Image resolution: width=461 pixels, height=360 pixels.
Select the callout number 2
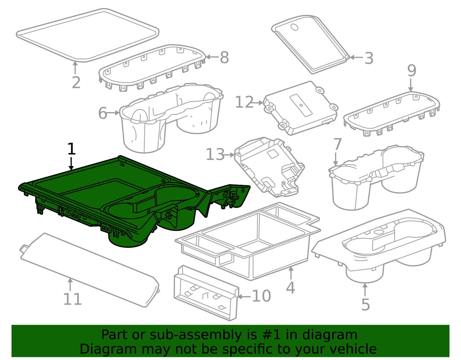(76, 82)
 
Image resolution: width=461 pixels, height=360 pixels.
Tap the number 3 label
(369, 58)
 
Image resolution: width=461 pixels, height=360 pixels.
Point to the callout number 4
(290, 288)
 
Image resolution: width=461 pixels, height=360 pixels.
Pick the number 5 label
(366, 305)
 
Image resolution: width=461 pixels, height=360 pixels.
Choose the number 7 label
(337, 144)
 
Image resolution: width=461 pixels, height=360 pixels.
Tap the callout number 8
(224, 57)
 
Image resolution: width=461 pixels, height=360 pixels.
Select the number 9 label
(412, 71)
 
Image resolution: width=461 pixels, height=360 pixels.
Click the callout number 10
(261, 296)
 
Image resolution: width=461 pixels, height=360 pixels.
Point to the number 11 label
(72, 299)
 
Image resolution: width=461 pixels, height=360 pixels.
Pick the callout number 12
(244, 102)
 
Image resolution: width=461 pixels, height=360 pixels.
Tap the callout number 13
(215, 154)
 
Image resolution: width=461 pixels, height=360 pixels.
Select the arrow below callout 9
(411, 85)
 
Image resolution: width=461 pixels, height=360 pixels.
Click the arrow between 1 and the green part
(71, 163)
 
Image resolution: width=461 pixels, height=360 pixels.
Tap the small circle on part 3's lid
(294, 27)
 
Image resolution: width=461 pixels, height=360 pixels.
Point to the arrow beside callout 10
(244, 296)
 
